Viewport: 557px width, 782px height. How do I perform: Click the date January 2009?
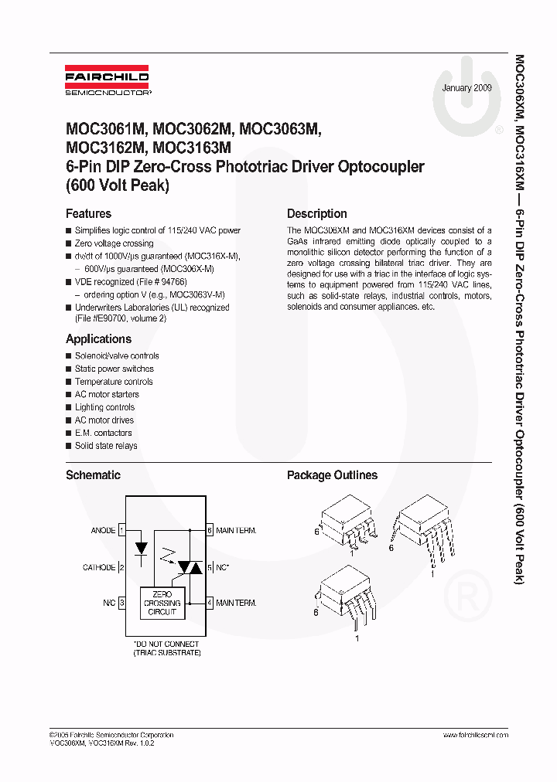click(467, 88)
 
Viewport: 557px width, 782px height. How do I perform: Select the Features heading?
click(88, 214)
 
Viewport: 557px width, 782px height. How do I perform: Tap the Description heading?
click(316, 214)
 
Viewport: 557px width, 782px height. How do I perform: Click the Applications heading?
click(98, 339)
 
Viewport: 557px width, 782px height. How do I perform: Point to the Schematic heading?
click(93, 475)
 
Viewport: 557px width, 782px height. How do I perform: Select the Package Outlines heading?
click(332, 475)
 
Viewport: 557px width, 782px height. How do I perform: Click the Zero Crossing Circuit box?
click(162, 603)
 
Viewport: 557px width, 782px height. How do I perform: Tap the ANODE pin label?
click(103, 531)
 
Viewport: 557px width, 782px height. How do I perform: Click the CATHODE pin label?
click(98, 567)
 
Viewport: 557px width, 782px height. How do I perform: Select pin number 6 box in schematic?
click(210, 531)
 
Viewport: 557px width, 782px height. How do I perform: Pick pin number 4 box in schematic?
click(210, 603)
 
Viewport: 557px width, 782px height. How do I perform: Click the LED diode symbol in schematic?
click(141, 549)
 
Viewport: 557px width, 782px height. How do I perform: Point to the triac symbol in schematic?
click(190, 567)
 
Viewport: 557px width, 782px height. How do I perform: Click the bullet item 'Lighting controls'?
click(104, 407)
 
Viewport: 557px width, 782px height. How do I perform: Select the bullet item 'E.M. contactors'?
click(103, 433)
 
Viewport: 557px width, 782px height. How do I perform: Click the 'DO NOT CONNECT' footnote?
click(166, 644)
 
